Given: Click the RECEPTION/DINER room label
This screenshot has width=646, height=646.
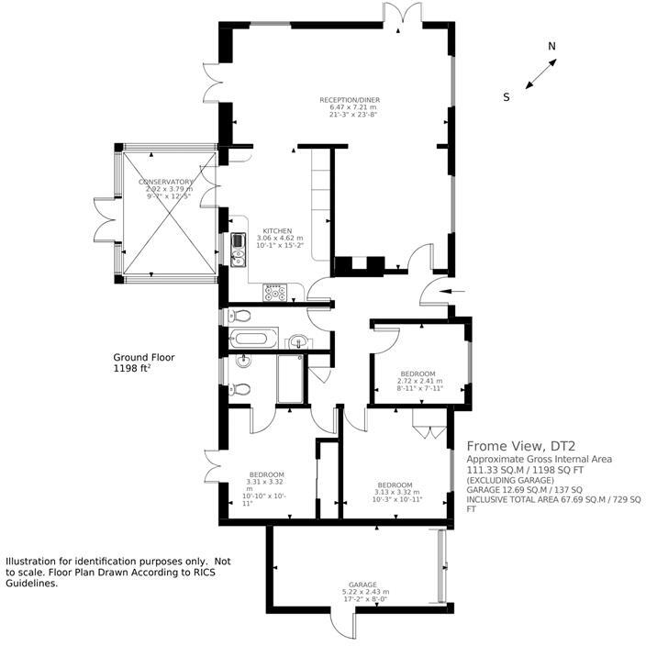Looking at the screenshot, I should click(349, 99).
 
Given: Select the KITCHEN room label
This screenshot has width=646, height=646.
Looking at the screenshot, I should click(277, 230).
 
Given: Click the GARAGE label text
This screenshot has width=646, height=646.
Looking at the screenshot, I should click(362, 584).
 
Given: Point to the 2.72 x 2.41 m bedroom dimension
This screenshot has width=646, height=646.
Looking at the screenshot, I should click(418, 381).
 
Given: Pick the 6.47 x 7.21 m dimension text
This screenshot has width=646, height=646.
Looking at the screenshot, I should click(350, 107).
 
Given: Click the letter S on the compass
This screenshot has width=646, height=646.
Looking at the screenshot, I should click(507, 96).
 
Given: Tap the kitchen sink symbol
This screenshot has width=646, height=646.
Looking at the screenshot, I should click(238, 242).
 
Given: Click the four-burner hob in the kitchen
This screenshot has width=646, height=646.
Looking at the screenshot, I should click(274, 293).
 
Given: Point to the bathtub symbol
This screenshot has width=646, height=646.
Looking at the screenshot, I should click(249, 339).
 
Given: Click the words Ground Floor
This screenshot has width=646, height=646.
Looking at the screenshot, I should click(143, 357).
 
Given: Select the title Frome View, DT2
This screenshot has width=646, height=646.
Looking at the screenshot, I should click(518, 446).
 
